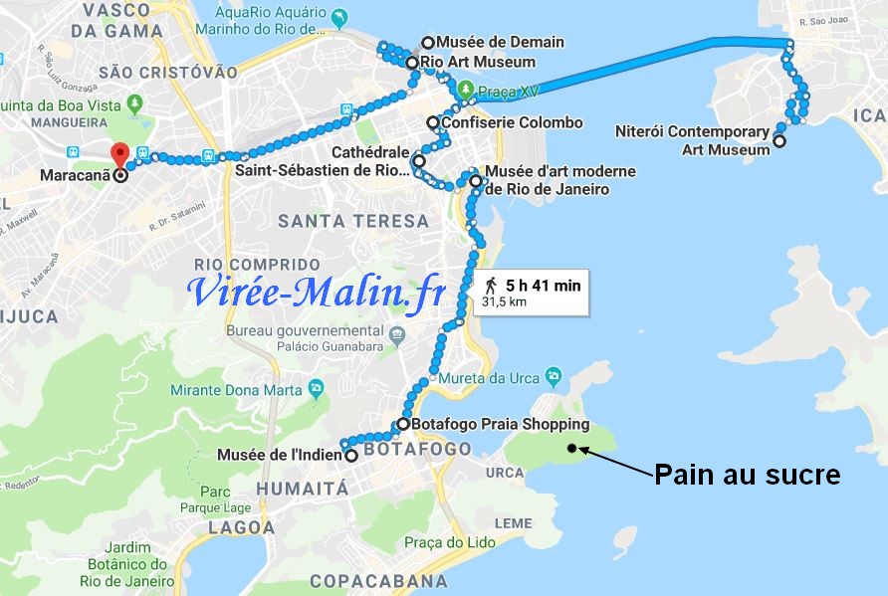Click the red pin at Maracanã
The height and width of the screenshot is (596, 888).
pos(120,155)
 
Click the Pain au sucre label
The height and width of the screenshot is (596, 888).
pos(747,475)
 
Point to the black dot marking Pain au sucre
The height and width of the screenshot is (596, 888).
pos(571,449)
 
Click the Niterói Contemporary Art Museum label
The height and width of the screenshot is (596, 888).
pos(706,140)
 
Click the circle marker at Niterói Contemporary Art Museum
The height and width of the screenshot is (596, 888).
pos(779,141)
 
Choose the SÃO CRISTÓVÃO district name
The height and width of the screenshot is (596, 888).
pos(168,73)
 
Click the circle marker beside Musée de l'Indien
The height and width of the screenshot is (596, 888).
pos(351,456)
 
